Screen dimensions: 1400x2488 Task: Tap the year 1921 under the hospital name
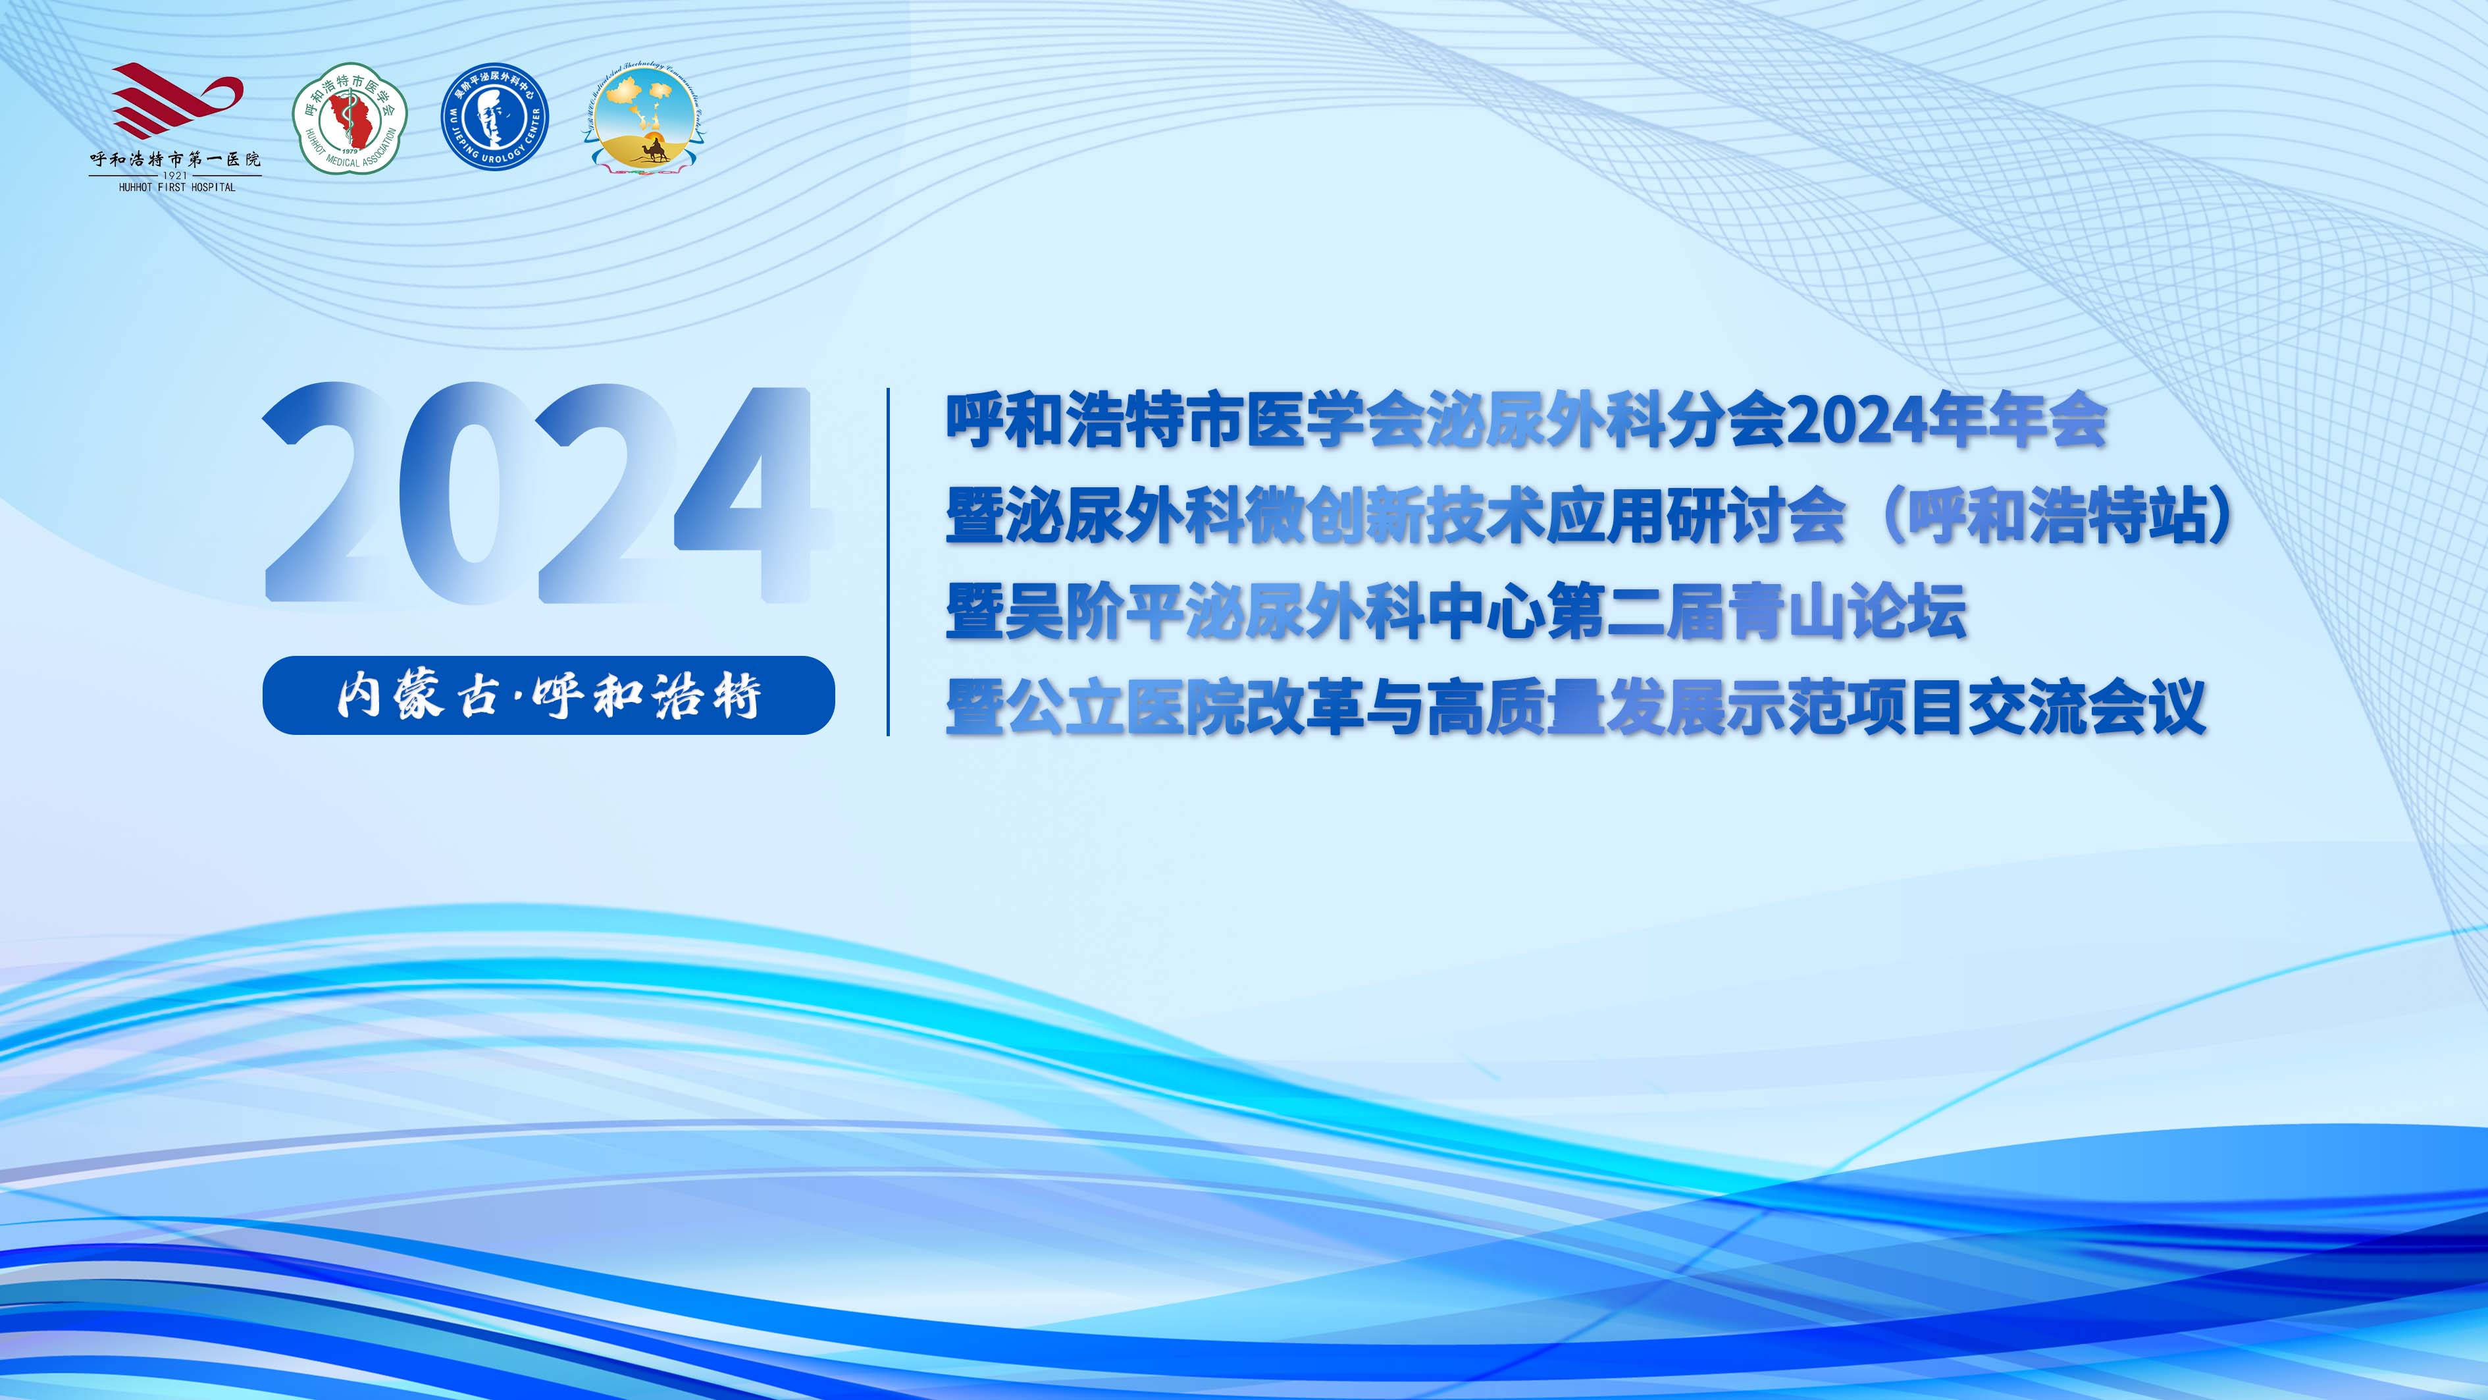click(175, 176)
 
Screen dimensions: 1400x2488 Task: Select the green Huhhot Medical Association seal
click(350, 119)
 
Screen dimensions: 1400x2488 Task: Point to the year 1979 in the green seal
click(349, 151)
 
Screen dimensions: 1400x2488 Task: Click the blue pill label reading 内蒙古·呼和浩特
click(548, 695)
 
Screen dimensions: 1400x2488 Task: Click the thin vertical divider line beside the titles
click(888, 561)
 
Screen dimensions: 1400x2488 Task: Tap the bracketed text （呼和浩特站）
click(2058, 515)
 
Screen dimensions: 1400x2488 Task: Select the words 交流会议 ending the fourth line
click(2086, 707)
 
